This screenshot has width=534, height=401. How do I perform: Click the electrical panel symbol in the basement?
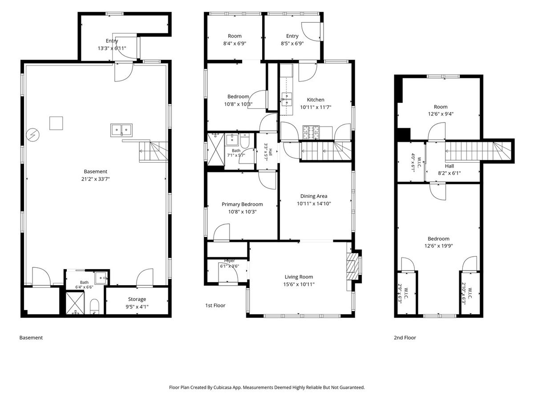coord(33,135)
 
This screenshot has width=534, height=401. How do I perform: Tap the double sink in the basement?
coord(121,130)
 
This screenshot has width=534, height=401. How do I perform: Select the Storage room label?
coord(137,299)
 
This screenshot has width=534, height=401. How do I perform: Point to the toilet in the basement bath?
coord(94,307)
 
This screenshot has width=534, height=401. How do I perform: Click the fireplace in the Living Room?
coord(352,266)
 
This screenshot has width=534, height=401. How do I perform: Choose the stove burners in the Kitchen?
coord(311,133)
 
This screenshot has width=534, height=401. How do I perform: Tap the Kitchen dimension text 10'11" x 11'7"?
coord(316,107)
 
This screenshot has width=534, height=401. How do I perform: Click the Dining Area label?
coord(314,196)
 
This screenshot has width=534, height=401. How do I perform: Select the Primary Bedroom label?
coord(242,204)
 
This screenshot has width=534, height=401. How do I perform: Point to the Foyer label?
coord(230,261)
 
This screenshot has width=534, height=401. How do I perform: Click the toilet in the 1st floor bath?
coord(245,141)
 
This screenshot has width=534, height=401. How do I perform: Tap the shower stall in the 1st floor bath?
coord(215,149)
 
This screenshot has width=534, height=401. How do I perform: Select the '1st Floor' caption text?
coord(215,305)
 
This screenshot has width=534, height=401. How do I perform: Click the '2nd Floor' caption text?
coord(405,337)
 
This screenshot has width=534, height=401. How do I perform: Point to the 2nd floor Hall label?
coord(449,166)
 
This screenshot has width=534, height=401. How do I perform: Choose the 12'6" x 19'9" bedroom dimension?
coord(438,246)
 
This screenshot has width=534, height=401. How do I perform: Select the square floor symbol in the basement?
coord(56,123)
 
